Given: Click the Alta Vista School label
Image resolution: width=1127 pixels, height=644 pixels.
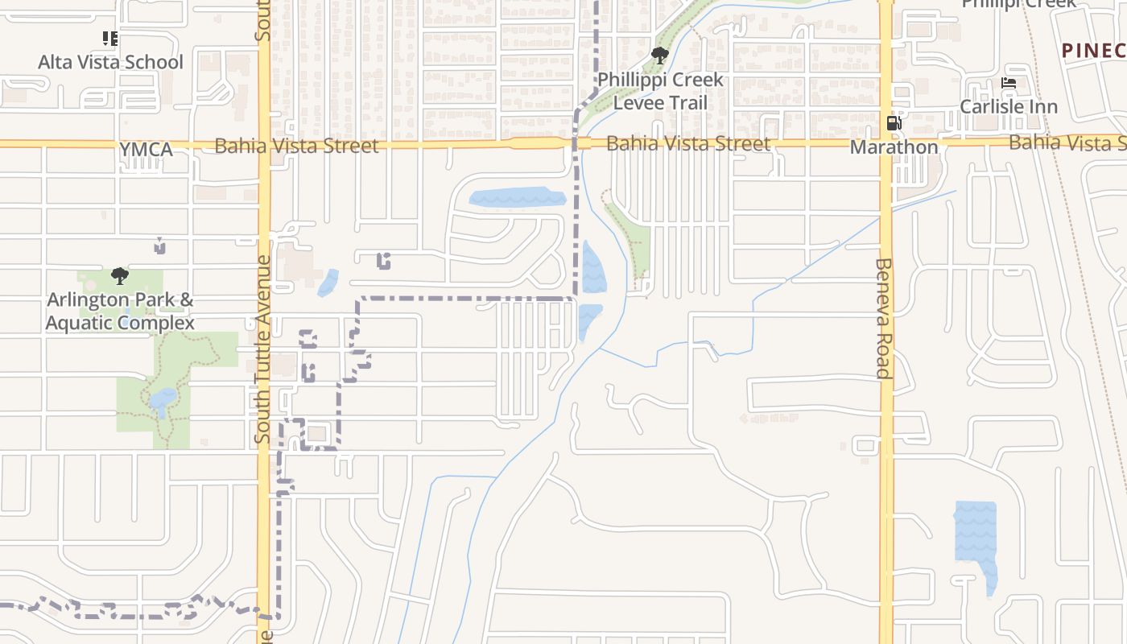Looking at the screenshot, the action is [111, 62].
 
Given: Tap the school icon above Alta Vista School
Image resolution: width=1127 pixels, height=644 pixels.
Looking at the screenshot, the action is [110, 38].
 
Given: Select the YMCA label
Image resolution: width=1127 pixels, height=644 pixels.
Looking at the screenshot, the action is [146, 150].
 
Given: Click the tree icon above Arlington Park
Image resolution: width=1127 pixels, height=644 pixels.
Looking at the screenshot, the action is [120, 277].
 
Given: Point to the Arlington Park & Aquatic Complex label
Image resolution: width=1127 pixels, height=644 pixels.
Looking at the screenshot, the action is [120, 312].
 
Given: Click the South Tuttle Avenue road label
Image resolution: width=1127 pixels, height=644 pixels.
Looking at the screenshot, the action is [263, 350].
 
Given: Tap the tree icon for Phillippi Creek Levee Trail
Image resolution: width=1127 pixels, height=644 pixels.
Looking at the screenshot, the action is [660, 56].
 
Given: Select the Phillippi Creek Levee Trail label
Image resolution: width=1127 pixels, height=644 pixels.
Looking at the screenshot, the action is [660, 92].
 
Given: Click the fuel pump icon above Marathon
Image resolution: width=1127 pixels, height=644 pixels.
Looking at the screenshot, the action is [894, 123].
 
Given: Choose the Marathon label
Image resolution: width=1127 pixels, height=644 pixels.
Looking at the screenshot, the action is [894, 147].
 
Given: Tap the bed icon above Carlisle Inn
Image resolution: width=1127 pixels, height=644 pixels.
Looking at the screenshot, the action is [1009, 83].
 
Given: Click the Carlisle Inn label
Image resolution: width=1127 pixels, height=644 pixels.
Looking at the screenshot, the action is [1009, 106].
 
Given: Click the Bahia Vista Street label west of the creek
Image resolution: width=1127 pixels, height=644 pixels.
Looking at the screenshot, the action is [296, 146].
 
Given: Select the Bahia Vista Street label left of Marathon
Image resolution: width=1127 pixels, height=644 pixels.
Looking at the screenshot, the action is [688, 144].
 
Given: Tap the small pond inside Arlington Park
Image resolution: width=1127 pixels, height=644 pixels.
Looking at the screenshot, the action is [163, 398].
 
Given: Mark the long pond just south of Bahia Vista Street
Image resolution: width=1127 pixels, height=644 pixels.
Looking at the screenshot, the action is [515, 197].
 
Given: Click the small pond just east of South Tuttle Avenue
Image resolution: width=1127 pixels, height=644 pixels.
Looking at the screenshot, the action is [328, 283].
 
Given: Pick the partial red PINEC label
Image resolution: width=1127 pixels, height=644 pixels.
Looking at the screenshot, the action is [1093, 51].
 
